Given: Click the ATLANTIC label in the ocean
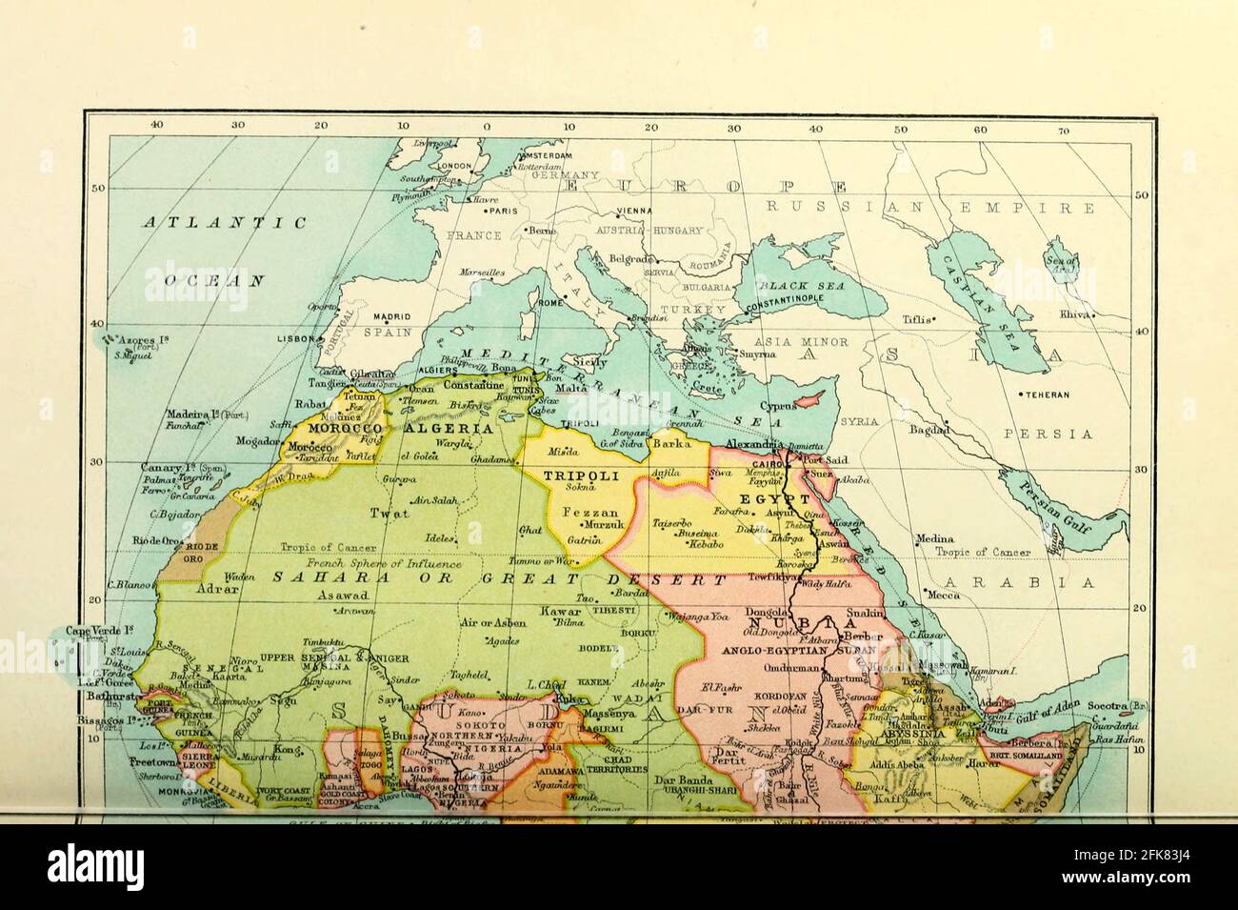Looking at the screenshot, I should [225, 223].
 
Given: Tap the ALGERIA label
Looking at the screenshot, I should [449, 429].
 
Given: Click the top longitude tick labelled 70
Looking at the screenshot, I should [1063, 131].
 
